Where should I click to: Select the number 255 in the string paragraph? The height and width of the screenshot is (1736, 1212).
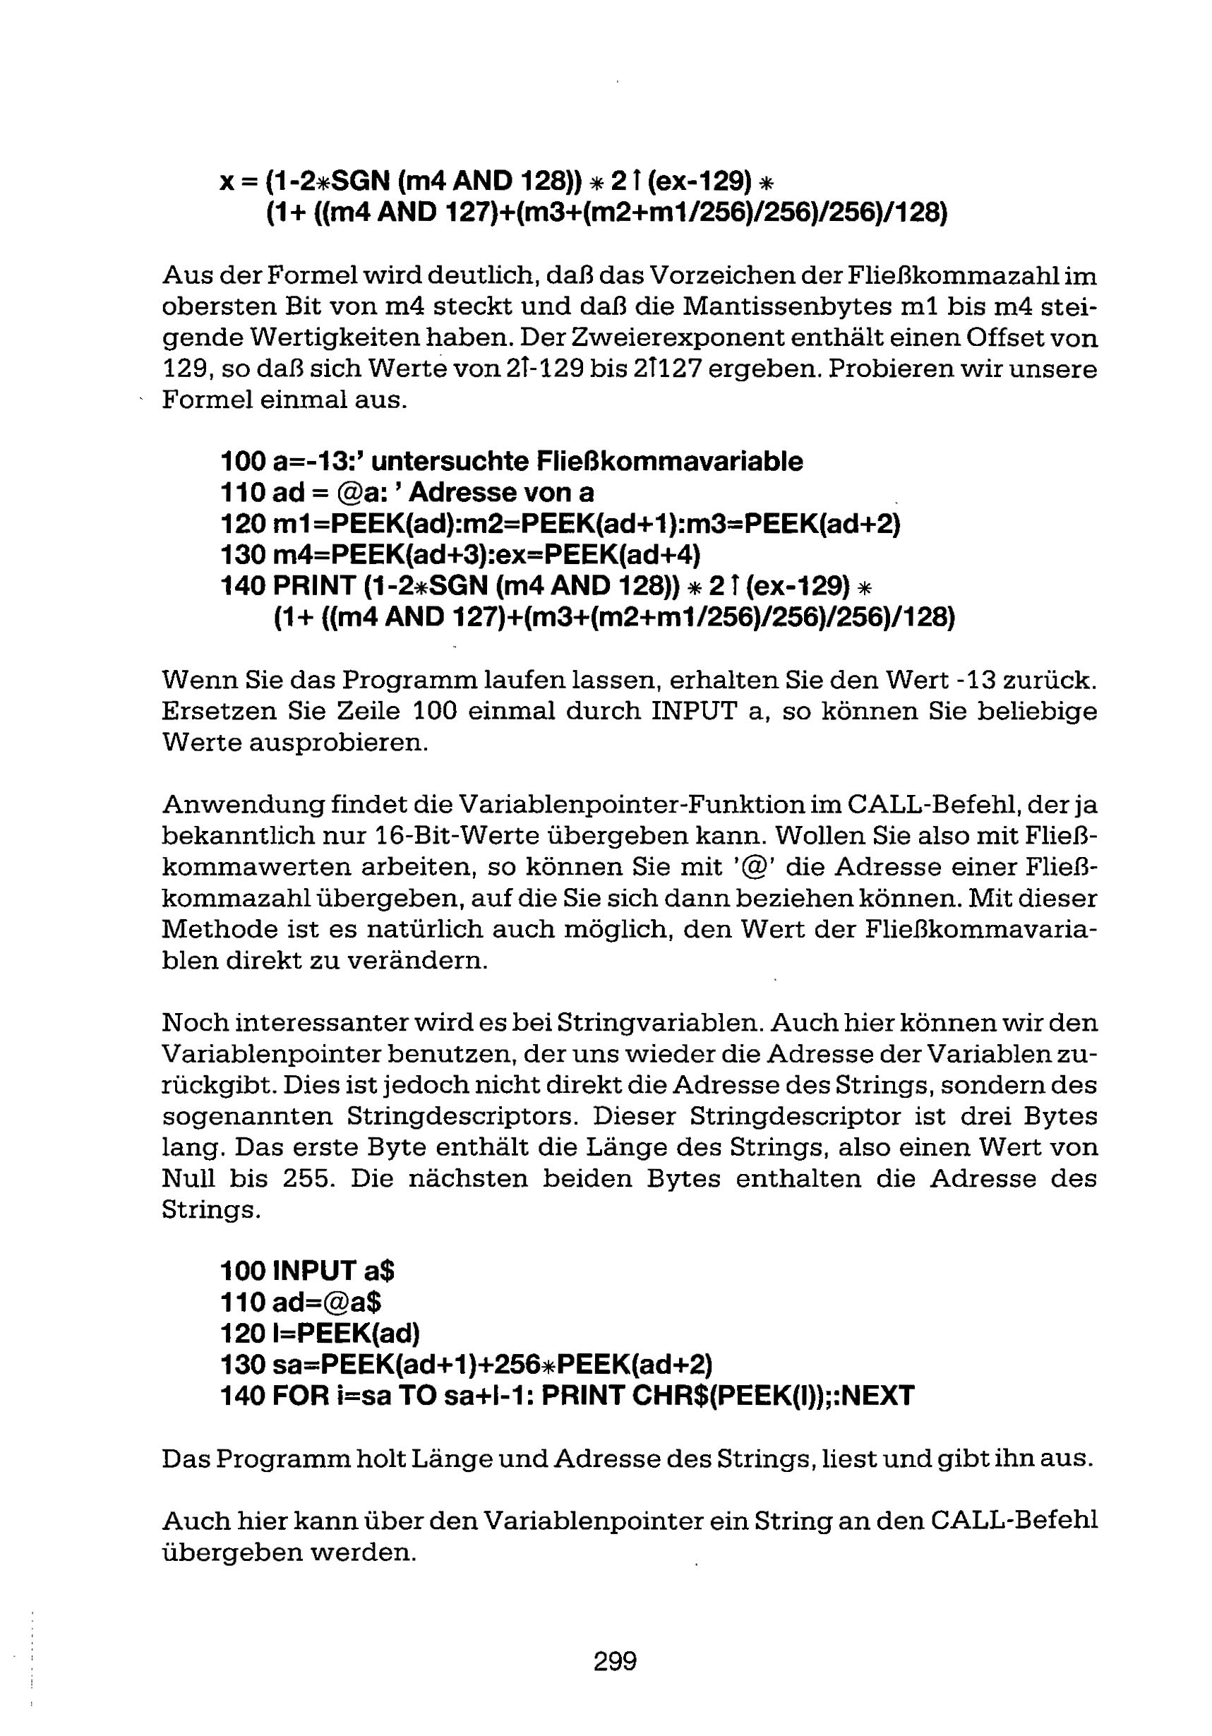click(309, 1178)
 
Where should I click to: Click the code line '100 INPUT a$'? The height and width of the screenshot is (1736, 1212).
click(308, 1270)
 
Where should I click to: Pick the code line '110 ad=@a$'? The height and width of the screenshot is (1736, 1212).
click(301, 1302)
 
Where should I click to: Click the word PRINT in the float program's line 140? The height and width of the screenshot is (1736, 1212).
click(313, 586)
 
